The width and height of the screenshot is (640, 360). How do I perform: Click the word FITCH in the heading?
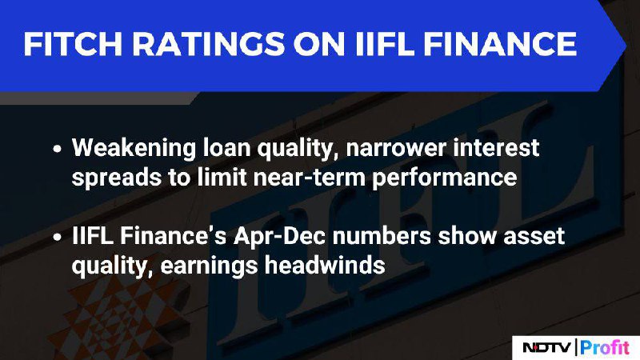73,44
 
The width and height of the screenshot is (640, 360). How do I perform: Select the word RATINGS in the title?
208,44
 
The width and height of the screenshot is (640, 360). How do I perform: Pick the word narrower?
395,148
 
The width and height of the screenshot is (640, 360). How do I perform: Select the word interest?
496,147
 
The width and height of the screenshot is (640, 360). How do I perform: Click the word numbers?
382,236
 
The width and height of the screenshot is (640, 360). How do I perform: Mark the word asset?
534,237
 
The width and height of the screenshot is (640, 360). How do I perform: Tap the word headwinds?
325,266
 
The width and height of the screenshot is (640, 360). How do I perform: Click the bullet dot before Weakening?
57,149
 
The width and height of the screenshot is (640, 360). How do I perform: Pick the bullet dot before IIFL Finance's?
57,237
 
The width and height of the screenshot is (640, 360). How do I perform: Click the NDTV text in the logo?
546,348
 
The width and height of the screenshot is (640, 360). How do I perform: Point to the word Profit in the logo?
605,348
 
